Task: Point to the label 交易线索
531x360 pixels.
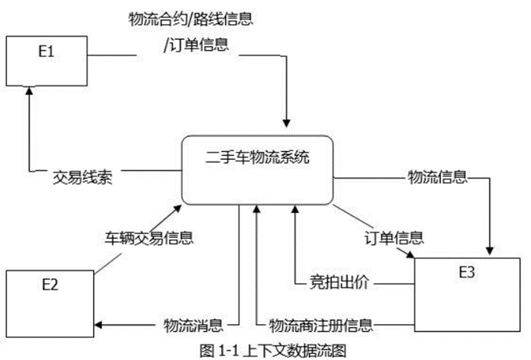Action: pos(83,177)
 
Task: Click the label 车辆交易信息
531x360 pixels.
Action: pos(149,236)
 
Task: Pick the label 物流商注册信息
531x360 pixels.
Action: pos(320,324)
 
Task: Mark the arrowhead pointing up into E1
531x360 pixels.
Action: pos(29,90)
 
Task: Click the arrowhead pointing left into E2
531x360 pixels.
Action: pos(104,324)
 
